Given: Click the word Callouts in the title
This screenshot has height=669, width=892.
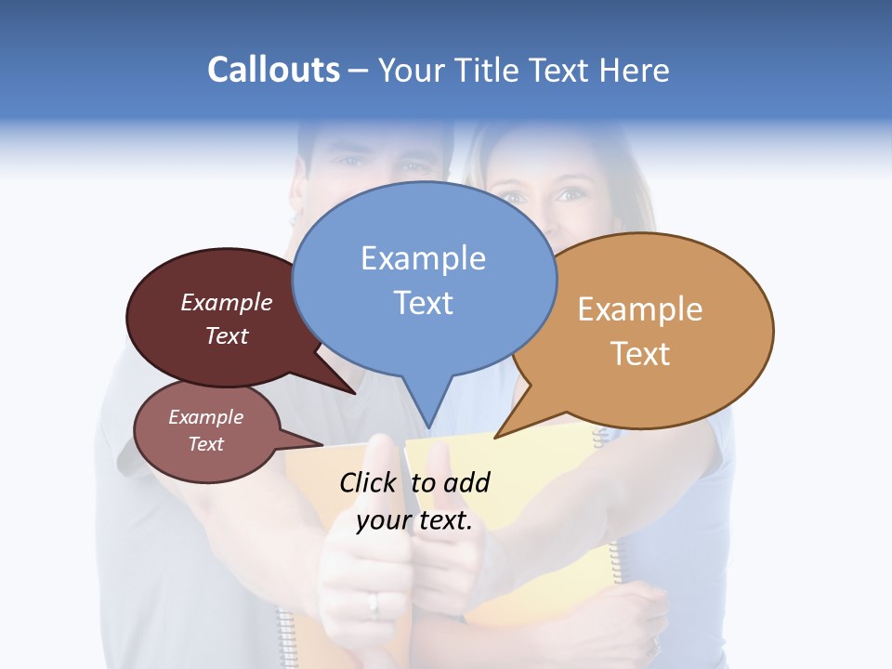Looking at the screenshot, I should pos(273,70).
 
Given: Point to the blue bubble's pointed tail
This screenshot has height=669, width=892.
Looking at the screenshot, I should pos(427,409).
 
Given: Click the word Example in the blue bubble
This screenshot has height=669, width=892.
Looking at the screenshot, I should pos(423,258).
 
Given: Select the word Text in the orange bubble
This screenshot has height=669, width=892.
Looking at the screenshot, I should pos(640,354).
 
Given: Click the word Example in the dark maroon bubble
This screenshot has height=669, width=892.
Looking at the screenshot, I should pos(227,303).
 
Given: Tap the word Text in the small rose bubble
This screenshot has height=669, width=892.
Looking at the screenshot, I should pos(205,444).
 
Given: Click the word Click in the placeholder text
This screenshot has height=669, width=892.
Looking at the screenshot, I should pos(369,482).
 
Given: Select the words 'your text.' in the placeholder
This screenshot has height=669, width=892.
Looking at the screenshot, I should pos(414,520).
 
